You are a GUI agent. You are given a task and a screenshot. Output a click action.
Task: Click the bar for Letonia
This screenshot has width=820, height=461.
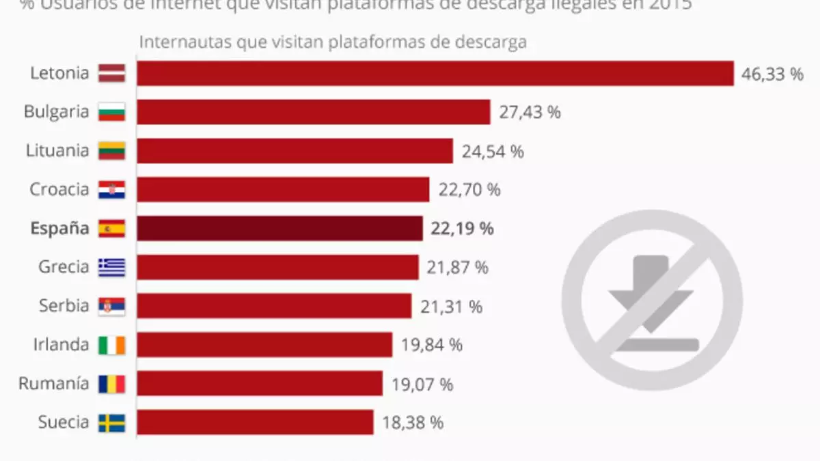click(x=435, y=73)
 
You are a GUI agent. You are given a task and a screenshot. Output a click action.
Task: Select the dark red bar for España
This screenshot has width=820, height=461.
click(x=279, y=228)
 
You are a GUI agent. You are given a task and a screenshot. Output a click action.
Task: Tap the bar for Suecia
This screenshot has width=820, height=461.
click(x=255, y=422)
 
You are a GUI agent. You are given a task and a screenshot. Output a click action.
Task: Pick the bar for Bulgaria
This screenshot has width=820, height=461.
click(x=313, y=112)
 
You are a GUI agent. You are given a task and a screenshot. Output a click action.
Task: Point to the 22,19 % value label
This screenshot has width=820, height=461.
click(x=462, y=229)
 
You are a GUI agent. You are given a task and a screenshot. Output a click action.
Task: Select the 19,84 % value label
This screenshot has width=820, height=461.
click(x=431, y=346)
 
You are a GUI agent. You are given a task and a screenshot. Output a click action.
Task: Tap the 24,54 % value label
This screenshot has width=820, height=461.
click(x=492, y=151)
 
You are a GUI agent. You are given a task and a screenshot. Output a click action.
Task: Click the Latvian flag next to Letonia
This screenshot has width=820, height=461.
click(x=111, y=73)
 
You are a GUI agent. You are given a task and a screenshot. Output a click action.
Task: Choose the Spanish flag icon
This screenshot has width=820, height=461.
click(x=111, y=229)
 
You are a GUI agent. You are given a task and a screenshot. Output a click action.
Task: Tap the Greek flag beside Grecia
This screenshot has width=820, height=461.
click(x=111, y=267)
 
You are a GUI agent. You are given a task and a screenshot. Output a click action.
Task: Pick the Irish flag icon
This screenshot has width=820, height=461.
click(x=111, y=345)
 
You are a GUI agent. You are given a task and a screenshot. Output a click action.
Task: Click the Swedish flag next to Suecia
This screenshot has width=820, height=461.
click(x=111, y=423)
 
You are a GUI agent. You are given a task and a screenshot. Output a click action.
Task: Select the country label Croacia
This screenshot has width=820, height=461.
click(x=59, y=189)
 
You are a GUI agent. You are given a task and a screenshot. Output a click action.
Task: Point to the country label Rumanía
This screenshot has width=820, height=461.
click(x=53, y=384)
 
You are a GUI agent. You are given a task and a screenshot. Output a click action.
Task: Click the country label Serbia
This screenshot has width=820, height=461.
click(x=64, y=305)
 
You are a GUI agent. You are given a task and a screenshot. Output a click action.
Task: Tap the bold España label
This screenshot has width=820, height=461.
click(x=59, y=228)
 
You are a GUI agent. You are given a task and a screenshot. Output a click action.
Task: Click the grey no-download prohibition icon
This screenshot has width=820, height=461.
click(x=652, y=300)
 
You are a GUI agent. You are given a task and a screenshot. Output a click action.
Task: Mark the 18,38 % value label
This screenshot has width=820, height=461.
click(x=411, y=423)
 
